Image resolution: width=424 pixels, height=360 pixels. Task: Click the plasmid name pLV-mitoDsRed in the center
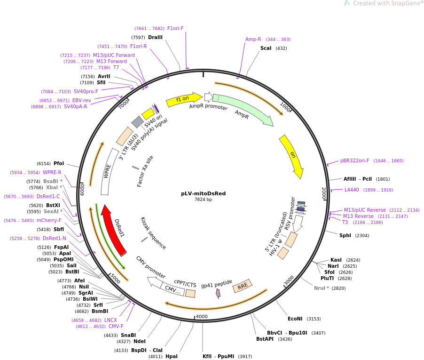[x=203, y=193]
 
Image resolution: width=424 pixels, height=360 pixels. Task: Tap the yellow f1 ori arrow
[x=183, y=99]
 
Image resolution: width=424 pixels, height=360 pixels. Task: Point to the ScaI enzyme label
[x=266, y=48]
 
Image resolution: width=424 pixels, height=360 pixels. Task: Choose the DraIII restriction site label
[x=155, y=37]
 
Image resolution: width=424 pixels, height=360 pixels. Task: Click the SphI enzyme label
[x=345, y=235]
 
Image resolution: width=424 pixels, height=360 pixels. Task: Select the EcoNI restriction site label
[x=295, y=319]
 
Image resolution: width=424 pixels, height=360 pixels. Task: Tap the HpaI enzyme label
[x=172, y=356]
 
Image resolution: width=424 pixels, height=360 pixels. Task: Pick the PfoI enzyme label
[x=59, y=163]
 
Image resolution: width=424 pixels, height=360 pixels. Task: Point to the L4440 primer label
[x=352, y=190]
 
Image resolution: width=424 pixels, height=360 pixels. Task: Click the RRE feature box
[x=243, y=286]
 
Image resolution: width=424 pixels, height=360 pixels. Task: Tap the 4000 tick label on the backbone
[x=201, y=316]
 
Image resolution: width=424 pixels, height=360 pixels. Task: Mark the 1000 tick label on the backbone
[x=286, y=107]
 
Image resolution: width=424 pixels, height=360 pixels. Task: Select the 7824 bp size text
[x=203, y=200]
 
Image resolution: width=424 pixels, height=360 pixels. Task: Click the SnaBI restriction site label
[x=128, y=335]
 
